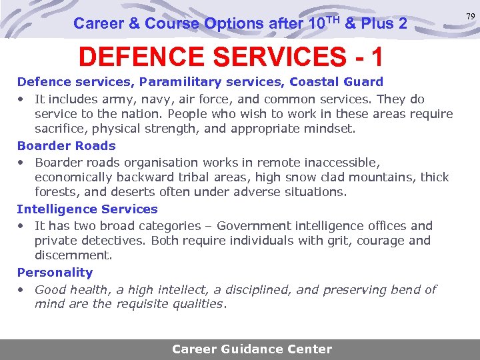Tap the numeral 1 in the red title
coord(377,57)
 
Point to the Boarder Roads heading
coord(66,145)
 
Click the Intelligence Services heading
coord(87,209)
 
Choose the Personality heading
coord(55,272)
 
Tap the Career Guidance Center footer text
coord(252,349)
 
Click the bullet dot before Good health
coord(21,289)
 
